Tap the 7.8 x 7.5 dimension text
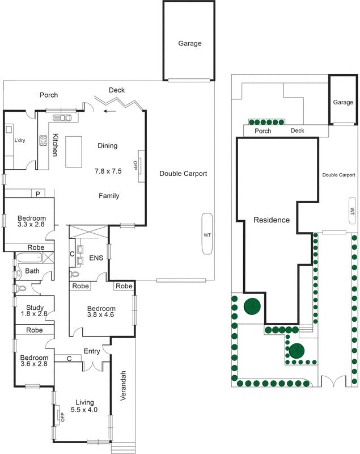coord(108,171)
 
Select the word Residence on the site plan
coord(272,220)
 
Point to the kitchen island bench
coord(74,152)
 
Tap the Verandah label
coord(124,385)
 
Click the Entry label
coord(92,351)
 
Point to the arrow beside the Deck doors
coord(112,111)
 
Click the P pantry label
coord(37,194)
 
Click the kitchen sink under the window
coord(62,118)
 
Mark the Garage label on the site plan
coord(343,103)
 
